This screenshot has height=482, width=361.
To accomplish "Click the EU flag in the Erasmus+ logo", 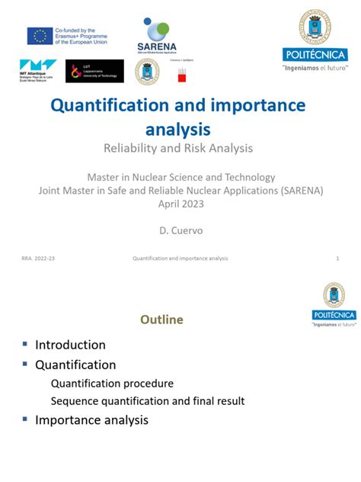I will [40, 36].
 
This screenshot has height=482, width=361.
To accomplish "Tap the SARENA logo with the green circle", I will [157, 37].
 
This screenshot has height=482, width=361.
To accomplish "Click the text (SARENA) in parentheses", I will [296, 190].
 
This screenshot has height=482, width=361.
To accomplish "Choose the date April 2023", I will [181, 203].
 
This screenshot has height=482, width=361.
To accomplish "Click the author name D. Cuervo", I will [180, 229].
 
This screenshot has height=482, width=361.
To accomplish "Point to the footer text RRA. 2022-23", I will [38, 259].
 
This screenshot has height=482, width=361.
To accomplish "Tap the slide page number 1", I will [337, 259].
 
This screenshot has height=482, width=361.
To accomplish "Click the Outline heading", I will [161, 320].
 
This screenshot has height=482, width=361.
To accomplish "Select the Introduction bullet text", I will [70, 345].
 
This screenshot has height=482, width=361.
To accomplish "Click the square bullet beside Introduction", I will [24, 344].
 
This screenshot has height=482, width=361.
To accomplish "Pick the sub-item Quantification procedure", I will [112, 383].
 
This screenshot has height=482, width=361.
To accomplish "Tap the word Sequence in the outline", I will [74, 401].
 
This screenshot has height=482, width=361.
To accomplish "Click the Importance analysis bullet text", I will [91, 419].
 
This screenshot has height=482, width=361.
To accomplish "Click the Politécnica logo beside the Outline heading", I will [334, 304].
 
